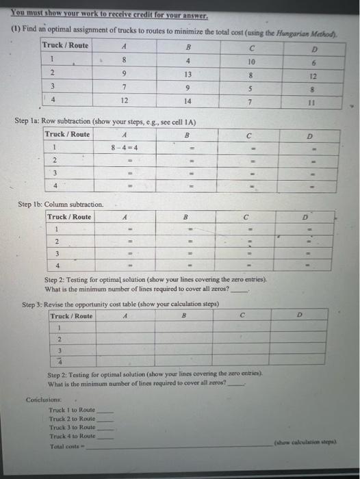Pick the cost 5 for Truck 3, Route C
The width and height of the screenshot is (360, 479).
coord(253,88)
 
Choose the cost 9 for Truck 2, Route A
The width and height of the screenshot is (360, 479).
coord(123,74)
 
